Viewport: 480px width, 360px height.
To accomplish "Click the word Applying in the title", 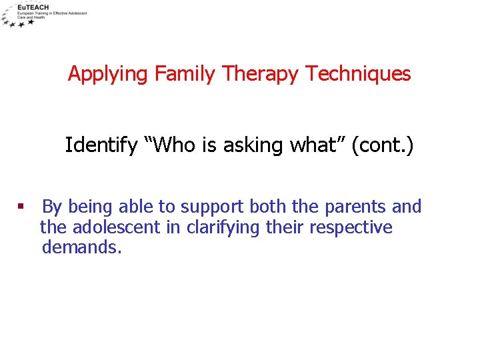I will [x=109, y=74].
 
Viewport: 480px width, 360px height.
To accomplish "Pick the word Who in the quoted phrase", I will [x=175, y=145].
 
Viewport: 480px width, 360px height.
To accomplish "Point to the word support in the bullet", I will [x=211, y=207].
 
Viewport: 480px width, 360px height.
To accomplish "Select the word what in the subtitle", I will [x=313, y=145].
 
